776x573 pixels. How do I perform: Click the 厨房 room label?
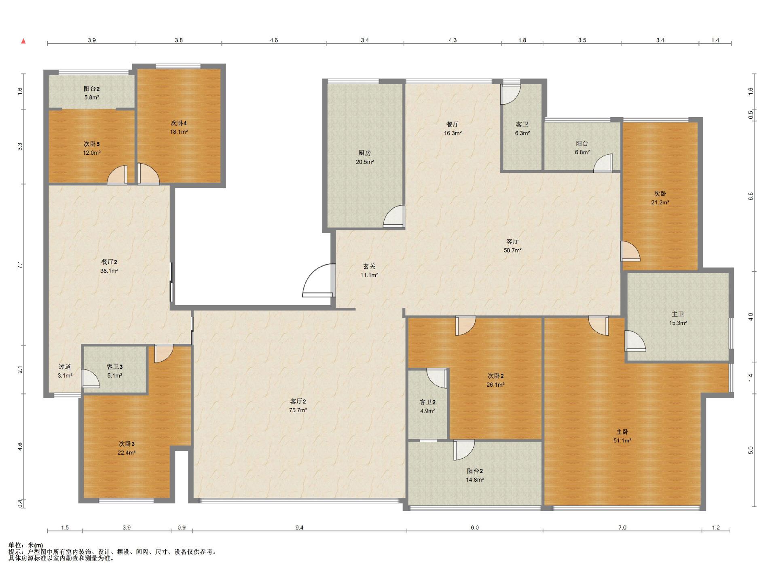click(x=364, y=153)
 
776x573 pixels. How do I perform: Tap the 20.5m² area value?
click(x=365, y=162)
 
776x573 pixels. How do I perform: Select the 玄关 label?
click(x=369, y=266)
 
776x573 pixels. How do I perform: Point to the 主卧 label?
click(x=622, y=432)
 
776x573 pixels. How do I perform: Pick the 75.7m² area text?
click(x=298, y=410)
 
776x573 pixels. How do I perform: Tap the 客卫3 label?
click(x=114, y=367)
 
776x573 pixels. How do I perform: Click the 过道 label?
click(x=65, y=367)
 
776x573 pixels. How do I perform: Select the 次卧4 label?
click(x=178, y=123)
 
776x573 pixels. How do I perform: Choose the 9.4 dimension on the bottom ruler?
click(x=299, y=527)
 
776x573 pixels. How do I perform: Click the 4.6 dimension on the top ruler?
click(x=274, y=40)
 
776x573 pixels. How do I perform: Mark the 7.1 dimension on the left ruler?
click(x=20, y=265)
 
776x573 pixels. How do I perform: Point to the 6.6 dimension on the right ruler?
click(x=751, y=196)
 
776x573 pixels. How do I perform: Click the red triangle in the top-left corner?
click(x=23, y=41)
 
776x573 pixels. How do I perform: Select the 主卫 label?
click(x=678, y=314)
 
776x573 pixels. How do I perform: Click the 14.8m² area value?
click(x=475, y=480)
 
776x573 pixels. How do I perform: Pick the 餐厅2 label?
click(x=109, y=262)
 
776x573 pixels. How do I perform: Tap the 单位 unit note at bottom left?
click(x=26, y=545)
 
